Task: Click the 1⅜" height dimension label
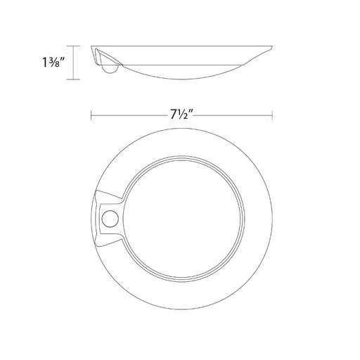tap(53, 63)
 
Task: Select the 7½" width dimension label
tap(181, 115)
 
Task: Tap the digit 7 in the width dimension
tap(174, 115)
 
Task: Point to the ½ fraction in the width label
tap(183, 115)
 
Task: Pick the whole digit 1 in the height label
tap(44, 63)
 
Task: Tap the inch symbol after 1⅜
tap(63, 59)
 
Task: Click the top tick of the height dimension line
tap(73, 46)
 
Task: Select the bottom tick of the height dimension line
tap(73, 79)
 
